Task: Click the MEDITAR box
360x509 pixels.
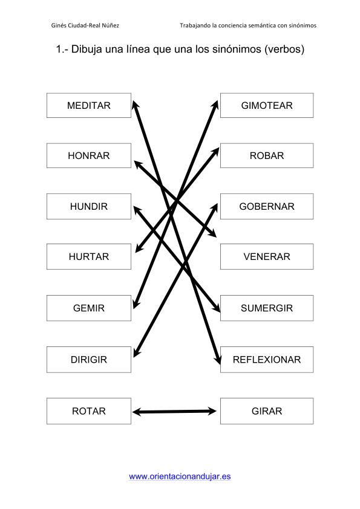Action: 89,106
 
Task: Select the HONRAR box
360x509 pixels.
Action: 89,155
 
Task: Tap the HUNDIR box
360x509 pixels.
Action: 89,207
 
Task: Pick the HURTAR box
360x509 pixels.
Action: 89,256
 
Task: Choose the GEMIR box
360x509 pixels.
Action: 89,308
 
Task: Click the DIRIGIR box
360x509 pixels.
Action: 89,360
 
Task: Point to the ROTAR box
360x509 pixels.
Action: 89,411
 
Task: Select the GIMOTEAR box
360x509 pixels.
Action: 267,106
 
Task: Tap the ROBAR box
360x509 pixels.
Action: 267,155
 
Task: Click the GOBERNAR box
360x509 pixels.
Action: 267,207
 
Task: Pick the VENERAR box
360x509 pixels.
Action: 267,256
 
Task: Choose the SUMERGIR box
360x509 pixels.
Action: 267,308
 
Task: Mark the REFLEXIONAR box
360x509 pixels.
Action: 267,360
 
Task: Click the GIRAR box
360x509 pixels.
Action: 267,411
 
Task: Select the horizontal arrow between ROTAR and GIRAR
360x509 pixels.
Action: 174,412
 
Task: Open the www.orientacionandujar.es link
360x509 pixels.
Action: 180,476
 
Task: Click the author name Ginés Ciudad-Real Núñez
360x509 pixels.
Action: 85,25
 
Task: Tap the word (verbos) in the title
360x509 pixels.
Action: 284,50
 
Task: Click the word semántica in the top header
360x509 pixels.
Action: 263,25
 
